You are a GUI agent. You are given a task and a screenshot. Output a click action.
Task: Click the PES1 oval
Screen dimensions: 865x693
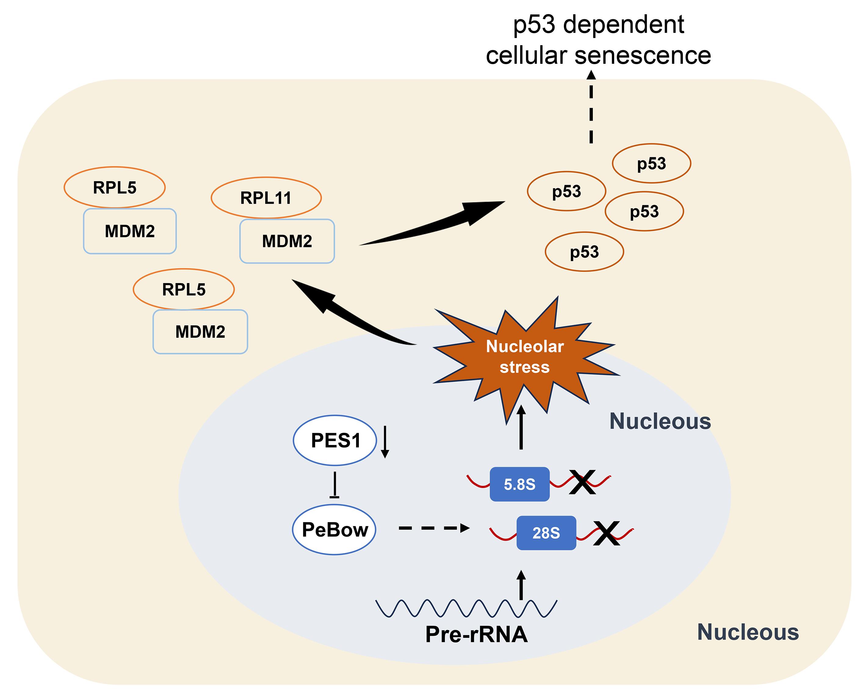coord(335,440)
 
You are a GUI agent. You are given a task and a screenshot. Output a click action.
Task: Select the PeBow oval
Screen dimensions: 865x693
coord(334,530)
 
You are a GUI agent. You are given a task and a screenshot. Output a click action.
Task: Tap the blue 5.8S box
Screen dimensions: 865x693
coord(520,484)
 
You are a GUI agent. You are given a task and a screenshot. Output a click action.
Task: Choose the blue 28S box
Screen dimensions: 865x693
coord(546,533)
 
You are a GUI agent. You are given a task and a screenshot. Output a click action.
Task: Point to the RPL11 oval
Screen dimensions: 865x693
coord(266,198)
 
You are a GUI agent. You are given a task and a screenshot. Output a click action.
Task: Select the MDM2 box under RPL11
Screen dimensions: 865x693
coord(287,241)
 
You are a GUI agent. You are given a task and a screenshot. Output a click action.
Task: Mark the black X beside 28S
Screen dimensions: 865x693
coord(606,533)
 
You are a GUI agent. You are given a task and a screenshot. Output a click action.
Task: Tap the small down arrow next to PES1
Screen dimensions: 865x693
coord(385,442)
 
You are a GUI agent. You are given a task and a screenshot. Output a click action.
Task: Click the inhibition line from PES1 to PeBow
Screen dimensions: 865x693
coord(335,485)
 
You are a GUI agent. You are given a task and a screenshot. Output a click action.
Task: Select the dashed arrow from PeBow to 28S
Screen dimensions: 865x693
coord(434,528)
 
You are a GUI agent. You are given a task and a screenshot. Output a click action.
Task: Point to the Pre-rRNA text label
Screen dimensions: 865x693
coord(476,634)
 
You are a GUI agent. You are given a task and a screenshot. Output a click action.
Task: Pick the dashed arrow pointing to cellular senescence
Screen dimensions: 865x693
coord(591,107)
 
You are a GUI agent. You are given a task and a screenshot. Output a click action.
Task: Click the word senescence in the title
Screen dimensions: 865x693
coord(643,55)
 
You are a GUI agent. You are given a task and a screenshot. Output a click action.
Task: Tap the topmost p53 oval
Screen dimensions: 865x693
coord(651,163)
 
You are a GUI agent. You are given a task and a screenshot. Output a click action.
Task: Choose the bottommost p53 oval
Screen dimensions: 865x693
coord(585,252)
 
